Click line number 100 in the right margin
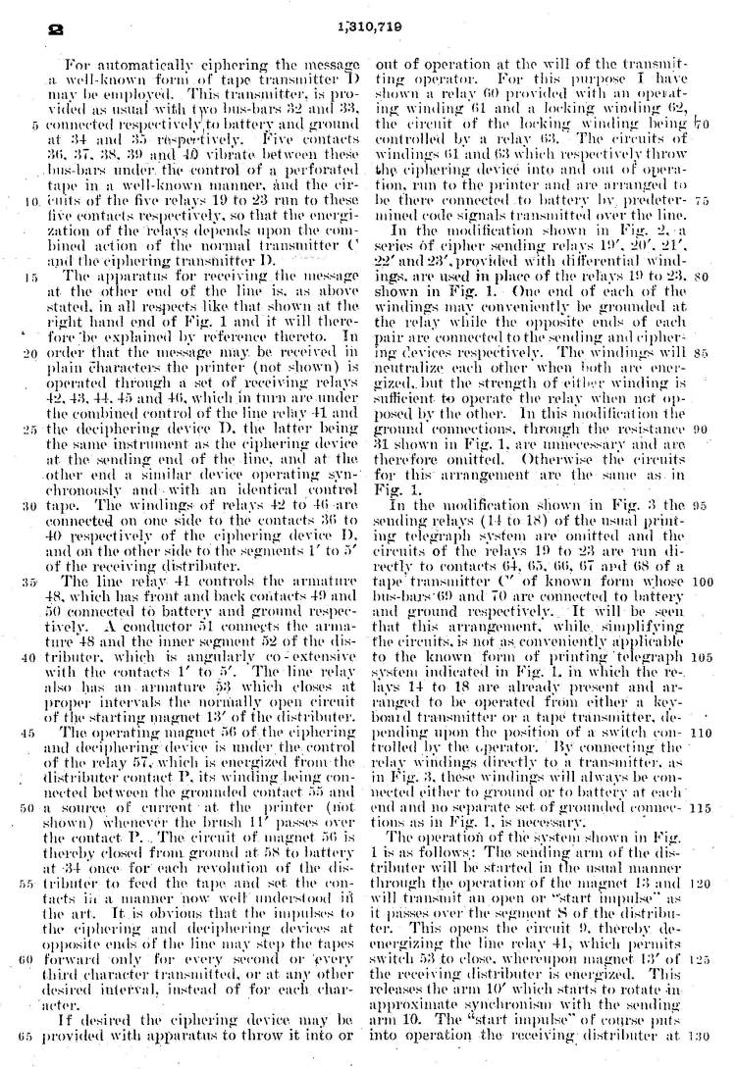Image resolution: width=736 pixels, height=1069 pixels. (701, 580)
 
